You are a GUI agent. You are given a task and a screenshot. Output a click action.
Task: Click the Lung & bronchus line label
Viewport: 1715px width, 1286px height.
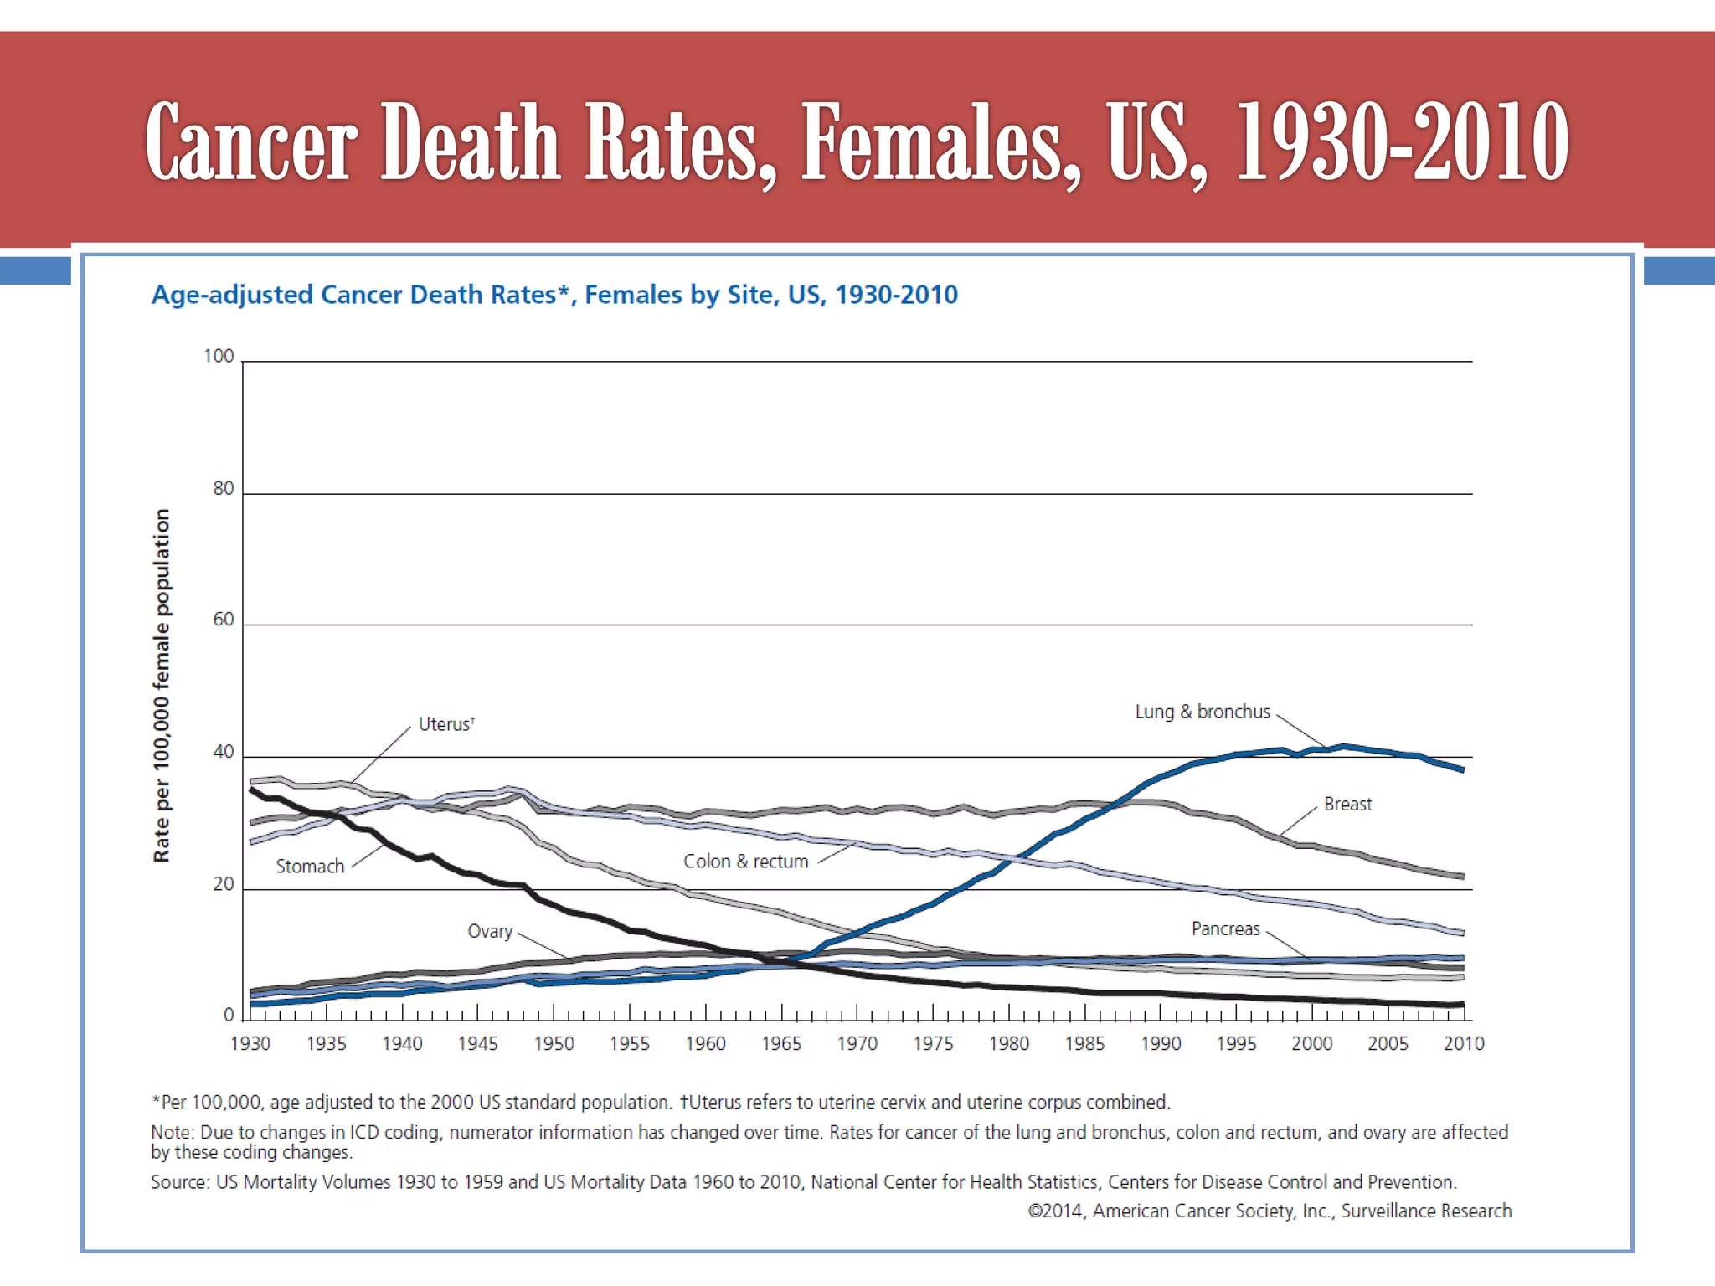coord(1202,712)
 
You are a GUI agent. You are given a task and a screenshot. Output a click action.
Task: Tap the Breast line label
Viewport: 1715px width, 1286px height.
coord(1347,805)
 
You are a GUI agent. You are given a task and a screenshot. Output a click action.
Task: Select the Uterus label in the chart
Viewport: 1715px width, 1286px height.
coord(445,724)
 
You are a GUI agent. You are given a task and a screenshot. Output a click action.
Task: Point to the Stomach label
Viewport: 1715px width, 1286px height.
coord(310,867)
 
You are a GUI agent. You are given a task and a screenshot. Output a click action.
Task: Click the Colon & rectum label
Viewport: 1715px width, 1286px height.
coord(745,862)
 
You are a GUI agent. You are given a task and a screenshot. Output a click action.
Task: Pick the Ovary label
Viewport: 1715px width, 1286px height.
coord(490,931)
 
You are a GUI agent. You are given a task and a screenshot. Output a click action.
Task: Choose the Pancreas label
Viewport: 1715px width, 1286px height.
coord(1225,928)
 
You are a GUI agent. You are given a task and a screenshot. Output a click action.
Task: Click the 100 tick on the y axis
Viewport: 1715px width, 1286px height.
coord(219,356)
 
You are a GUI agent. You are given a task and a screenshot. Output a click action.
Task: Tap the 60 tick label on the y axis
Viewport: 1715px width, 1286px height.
coord(224,620)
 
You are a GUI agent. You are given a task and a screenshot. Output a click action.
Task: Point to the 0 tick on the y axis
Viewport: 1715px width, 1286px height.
coord(229,1016)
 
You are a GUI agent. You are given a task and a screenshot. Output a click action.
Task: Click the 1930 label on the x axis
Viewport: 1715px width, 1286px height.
coord(250,1044)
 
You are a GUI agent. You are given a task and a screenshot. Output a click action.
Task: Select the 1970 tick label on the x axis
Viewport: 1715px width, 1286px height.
coord(857,1044)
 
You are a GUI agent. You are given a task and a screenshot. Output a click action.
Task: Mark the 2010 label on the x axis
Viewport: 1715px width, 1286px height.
coord(1464,1044)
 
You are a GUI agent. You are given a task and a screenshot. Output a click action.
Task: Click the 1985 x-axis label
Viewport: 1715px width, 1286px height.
coord(1084,1044)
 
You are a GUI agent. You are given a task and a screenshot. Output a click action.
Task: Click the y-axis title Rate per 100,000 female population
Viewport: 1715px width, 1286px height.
coord(162,685)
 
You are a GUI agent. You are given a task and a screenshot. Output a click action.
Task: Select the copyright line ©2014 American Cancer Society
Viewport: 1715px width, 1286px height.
coord(1270,1211)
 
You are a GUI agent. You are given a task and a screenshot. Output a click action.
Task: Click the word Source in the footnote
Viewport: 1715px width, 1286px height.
coord(178,1182)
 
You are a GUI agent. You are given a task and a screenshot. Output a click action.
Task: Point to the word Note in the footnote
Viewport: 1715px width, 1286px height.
coord(170,1132)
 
